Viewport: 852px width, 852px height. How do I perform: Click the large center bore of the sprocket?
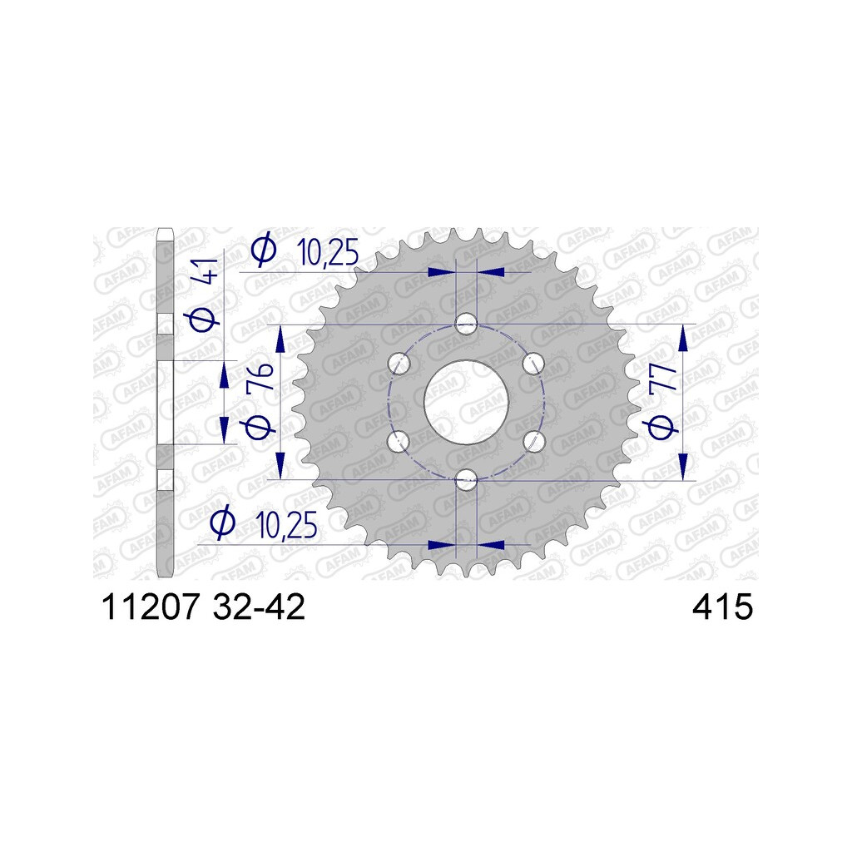[466, 402]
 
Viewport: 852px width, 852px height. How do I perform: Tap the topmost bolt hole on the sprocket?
[466, 324]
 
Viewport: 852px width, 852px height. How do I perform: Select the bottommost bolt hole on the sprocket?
[466, 480]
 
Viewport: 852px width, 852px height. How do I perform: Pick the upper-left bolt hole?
[399, 363]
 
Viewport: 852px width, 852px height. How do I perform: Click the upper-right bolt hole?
[533, 363]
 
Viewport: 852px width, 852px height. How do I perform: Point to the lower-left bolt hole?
[399, 441]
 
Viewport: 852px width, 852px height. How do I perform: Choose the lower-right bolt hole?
[533, 441]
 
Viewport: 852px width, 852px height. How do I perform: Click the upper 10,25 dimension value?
[328, 252]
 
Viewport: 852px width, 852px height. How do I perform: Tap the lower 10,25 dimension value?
[288, 524]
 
